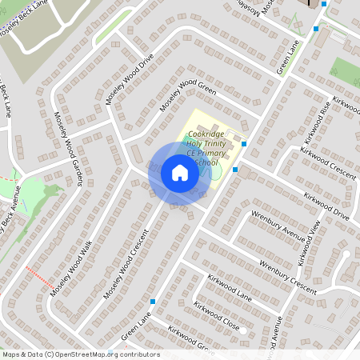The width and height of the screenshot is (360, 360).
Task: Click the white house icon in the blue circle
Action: pyautogui.click(x=179, y=173)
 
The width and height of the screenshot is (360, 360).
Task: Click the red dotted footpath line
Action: pyautogui.click(x=39, y=278)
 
